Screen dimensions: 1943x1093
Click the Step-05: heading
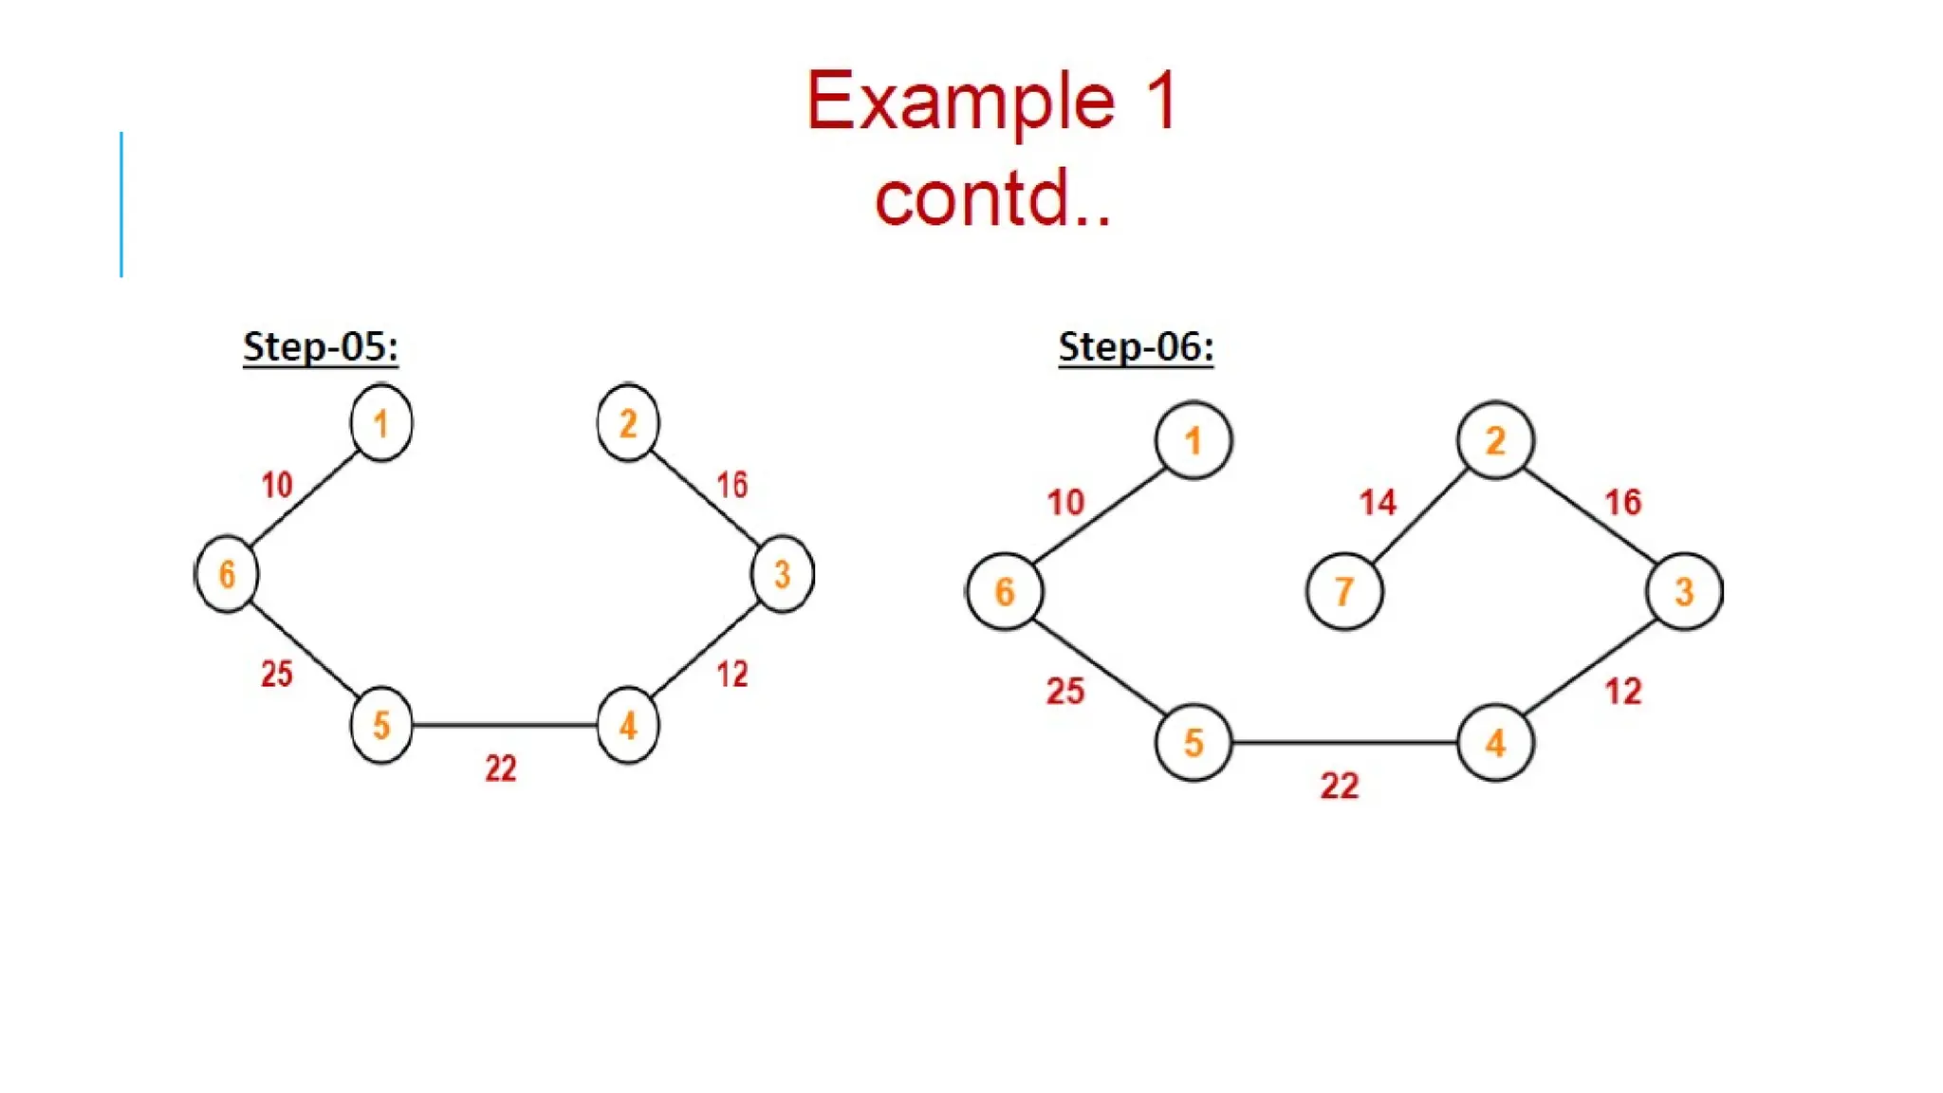click(x=320, y=346)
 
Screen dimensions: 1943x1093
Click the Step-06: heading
click(x=1136, y=346)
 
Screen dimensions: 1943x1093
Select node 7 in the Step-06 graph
click(x=1343, y=591)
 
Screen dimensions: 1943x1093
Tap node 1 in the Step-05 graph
click(x=381, y=422)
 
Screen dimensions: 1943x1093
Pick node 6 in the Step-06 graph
click(x=1005, y=591)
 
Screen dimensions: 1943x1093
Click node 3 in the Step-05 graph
click(x=782, y=574)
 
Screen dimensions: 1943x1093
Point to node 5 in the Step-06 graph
click(x=1194, y=742)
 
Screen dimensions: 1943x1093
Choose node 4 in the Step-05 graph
click(x=627, y=726)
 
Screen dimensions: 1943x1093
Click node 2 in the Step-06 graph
click(x=1495, y=440)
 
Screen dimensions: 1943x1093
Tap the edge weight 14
click(x=1378, y=502)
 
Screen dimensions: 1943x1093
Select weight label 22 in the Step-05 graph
click(x=501, y=768)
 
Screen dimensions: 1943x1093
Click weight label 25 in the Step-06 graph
click(x=1065, y=691)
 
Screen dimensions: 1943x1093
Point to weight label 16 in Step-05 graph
click(x=731, y=485)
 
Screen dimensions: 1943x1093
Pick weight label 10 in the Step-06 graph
click(x=1065, y=502)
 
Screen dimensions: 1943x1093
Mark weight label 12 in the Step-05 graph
click(x=731, y=675)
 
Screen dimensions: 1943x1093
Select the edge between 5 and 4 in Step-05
click(x=505, y=725)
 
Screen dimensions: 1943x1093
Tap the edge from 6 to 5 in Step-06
click(x=1099, y=666)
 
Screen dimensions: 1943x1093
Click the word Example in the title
click(x=960, y=101)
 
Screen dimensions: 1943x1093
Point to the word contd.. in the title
click(x=992, y=197)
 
